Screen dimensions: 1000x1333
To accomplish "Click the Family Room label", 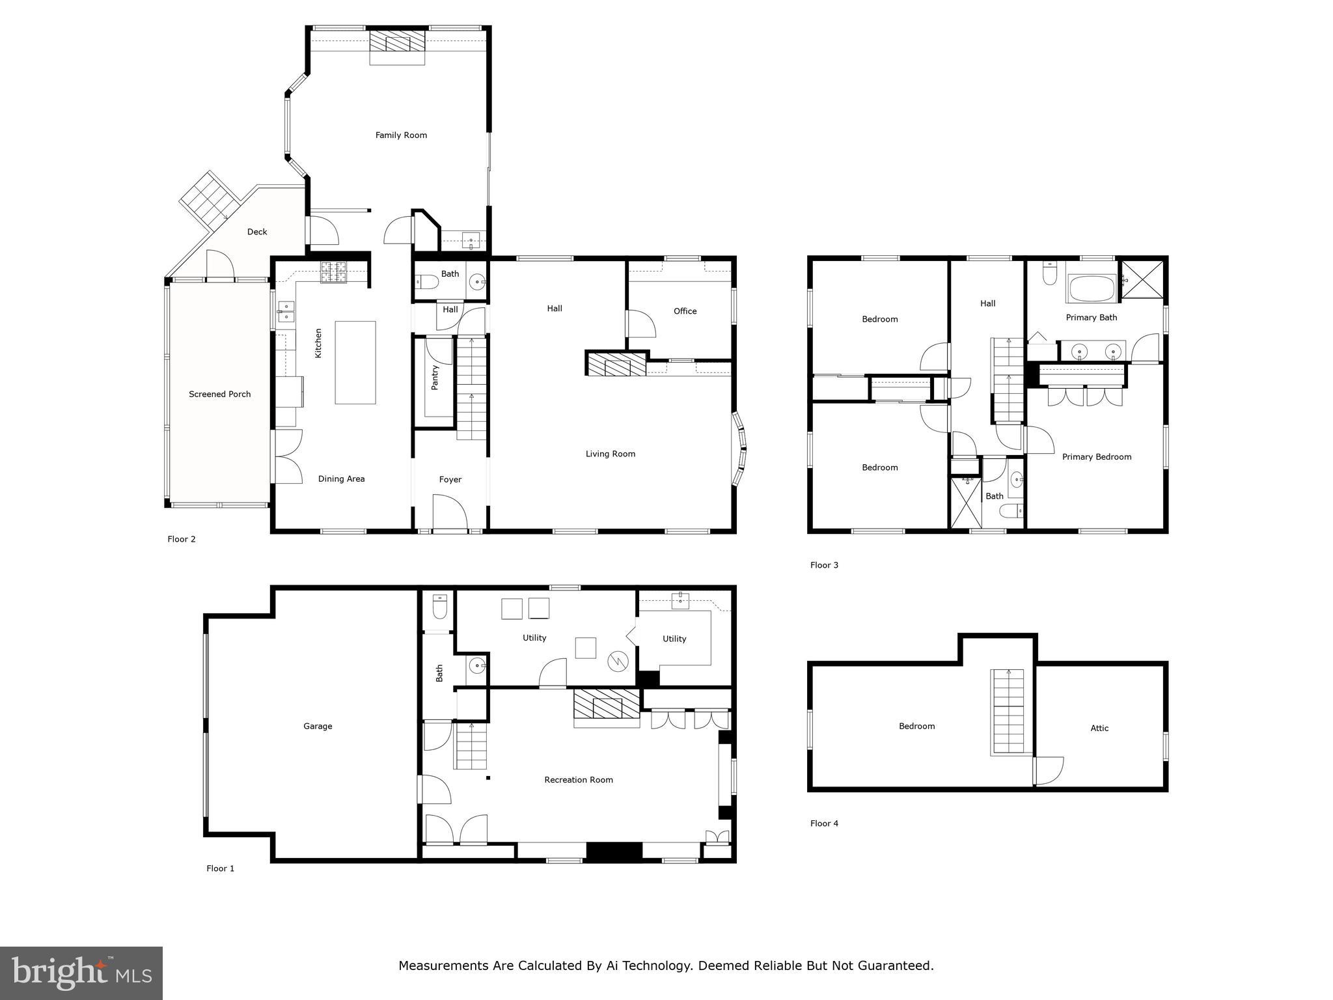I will pos(401,135).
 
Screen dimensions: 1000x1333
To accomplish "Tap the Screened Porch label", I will pos(219,394).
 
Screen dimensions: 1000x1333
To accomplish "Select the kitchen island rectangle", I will pos(355,363).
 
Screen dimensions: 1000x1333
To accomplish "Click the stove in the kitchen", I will pos(333,271).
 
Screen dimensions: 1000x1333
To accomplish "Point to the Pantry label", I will pos(435,378).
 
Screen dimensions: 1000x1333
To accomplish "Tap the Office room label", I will pos(685,311).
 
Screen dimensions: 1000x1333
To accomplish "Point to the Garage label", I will pos(318,726).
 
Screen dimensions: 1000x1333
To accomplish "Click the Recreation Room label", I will pos(579,780).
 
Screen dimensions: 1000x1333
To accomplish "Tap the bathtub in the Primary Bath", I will pos(1091,288).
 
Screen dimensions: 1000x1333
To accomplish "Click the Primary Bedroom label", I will pos(1097,457).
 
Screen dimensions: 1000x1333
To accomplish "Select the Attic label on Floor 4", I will pos(1099,729).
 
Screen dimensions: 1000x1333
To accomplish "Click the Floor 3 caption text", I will pos(824,565).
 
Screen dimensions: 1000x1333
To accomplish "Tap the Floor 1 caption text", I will pos(220,868).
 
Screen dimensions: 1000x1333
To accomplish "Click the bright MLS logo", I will pos(81,973).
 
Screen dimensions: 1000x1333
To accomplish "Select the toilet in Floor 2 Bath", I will pos(427,282).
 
